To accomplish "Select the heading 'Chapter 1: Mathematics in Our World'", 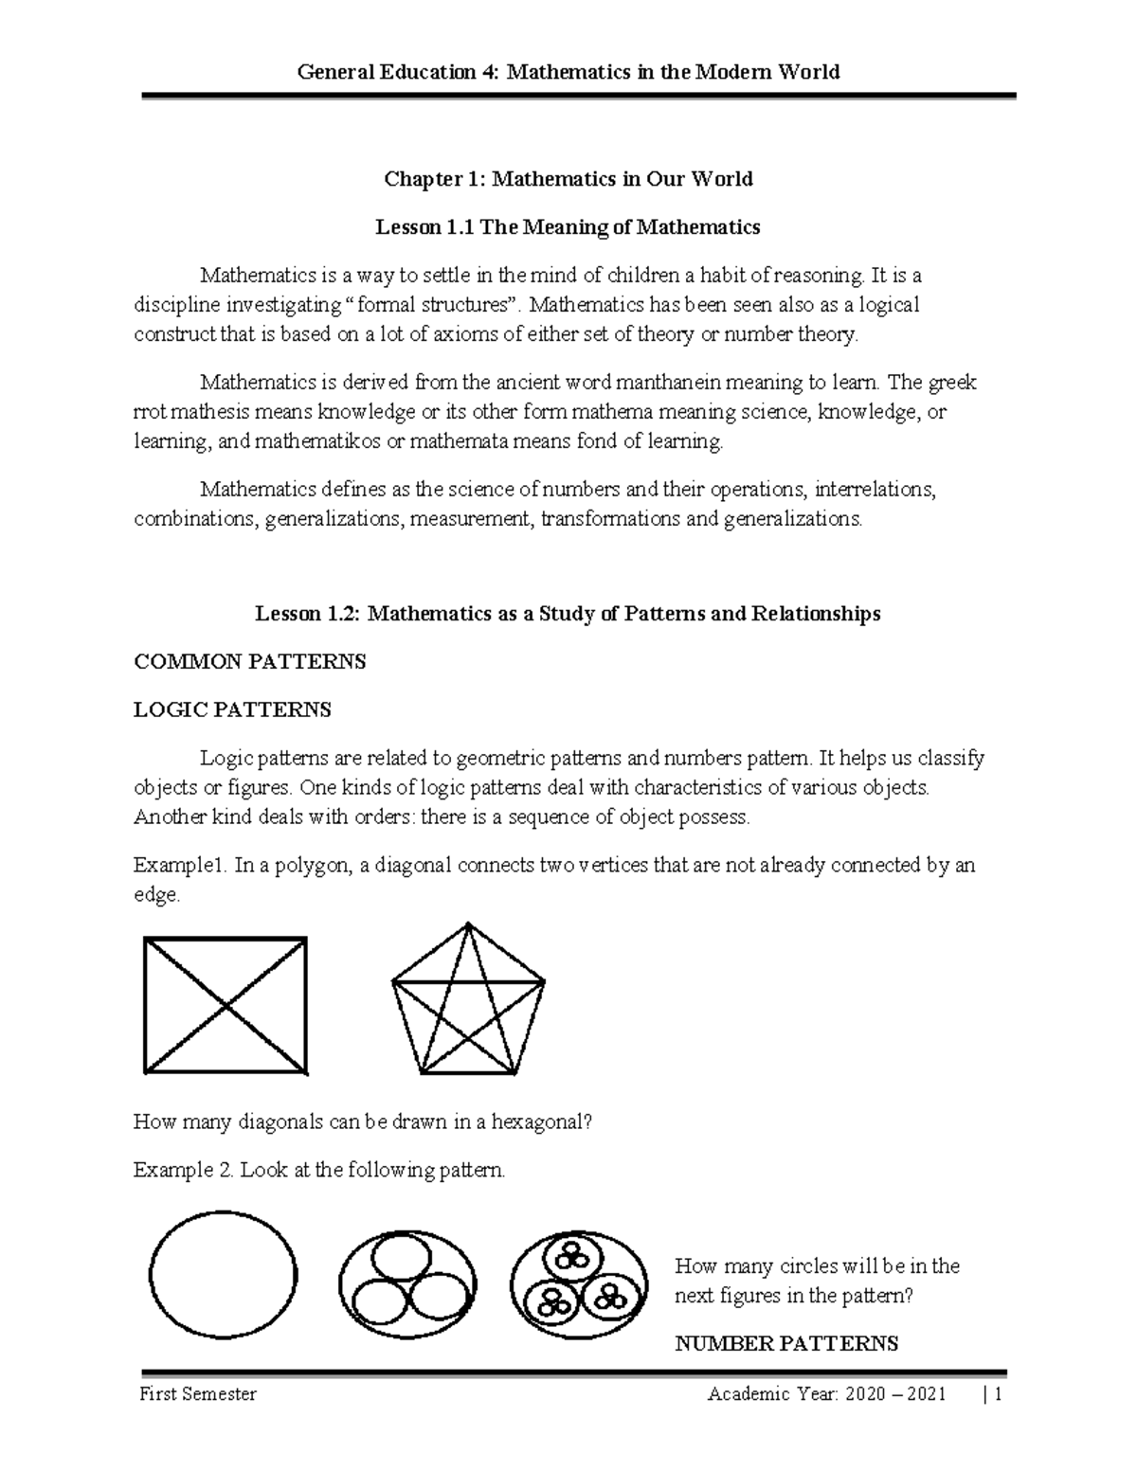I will pyautogui.click(x=568, y=179).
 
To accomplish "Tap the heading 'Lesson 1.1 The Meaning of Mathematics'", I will pyautogui.click(x=568, y=227).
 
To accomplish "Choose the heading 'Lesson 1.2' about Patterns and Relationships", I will pyautogui.click(x=568, y=614).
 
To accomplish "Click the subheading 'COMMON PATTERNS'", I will pyautogui.click(x=250, y=662).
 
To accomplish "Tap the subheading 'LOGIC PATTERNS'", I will pyautogui.click(x=232, y=709).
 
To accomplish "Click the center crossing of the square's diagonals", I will pyautogui.click(x=226, y=1005).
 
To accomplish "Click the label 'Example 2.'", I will pyautogui.click(x=183, y=1171).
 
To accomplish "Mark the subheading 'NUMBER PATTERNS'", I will pyautogui.click(x=785, y=1343).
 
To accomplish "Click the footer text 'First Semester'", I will pyautogui.click(x=197, y=1395).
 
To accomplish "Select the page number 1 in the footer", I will pyautogui.click(x=998, y=1395).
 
